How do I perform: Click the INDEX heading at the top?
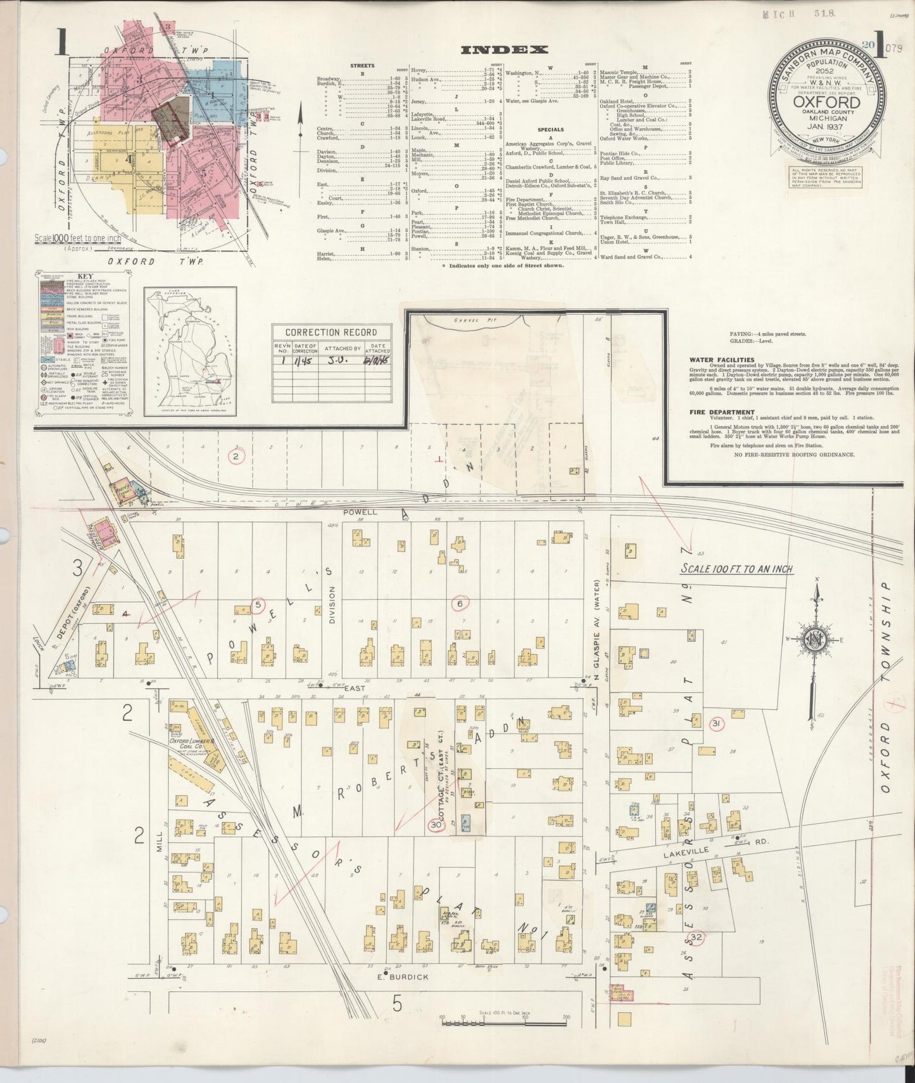click(504, 50)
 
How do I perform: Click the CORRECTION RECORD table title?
click(331, 332)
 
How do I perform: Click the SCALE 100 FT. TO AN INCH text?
click(737, 569)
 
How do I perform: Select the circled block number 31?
click(717, 724)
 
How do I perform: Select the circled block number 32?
click(697, 937)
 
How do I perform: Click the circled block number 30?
click(436, 825)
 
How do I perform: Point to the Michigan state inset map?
click(190, 352)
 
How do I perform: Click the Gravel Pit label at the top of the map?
click(464, 321)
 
